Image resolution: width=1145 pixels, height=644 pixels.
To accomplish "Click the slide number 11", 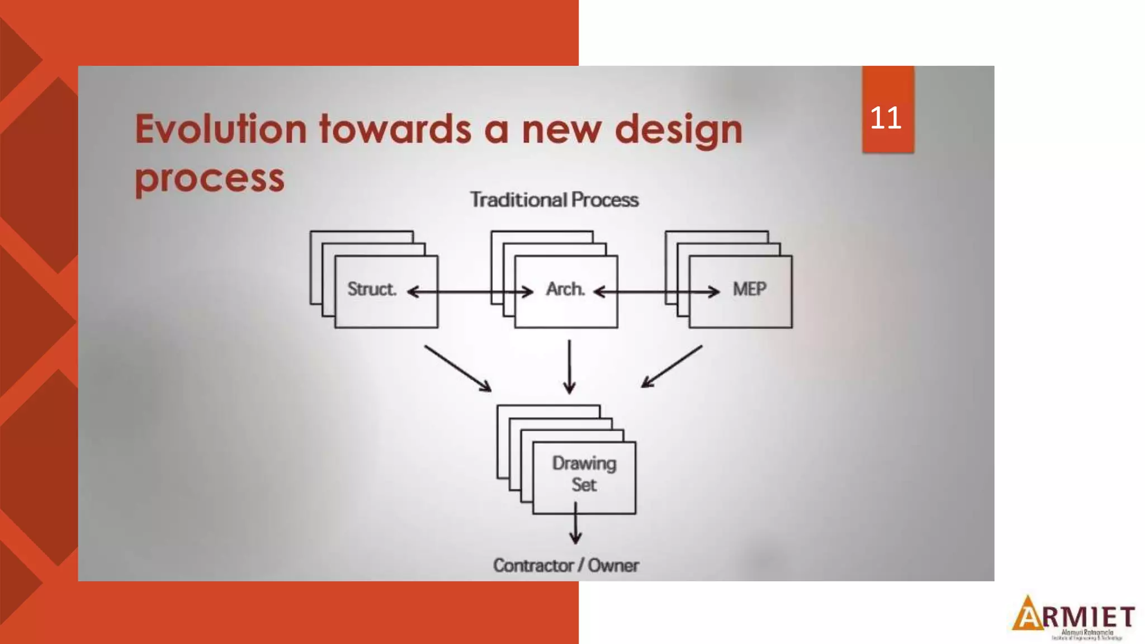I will point(886,118).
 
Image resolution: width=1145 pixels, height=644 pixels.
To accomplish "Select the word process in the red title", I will point(210,178).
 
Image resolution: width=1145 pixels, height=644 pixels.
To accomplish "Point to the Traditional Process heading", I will point(554,200).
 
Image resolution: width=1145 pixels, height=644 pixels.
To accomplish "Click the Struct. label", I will point(372,289).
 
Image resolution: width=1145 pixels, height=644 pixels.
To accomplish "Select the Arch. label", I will point(565,289).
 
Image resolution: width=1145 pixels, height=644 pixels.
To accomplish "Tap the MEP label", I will point(749,289).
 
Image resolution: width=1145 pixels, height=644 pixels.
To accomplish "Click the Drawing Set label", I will point(584,474).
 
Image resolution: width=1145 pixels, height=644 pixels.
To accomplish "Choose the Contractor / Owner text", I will point(565,565).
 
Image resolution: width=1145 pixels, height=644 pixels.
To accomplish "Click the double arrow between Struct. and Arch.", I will point(470,292).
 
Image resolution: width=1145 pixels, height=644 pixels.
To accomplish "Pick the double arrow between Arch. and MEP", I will point(656,292).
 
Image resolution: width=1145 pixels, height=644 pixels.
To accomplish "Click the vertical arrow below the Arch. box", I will point(569,367).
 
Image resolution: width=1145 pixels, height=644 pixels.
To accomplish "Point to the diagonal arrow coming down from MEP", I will point(671,366).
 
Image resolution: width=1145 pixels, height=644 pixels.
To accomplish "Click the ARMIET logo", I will point(1073,617).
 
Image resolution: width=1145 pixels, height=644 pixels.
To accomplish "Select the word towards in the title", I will point(395,129).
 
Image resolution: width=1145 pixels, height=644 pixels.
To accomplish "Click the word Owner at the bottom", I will point(613,565).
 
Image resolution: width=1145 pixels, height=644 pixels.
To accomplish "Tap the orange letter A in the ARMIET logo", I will point(1028,613).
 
